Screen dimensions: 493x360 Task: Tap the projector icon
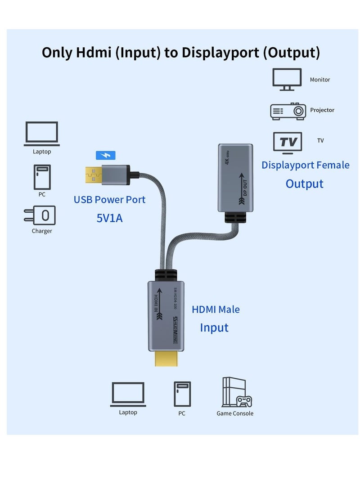[288, 111]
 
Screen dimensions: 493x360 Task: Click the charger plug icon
[40, 215]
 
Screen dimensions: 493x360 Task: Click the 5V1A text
[109, 218]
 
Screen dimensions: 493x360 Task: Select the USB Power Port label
[109, 199]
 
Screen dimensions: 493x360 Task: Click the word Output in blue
[304, 184]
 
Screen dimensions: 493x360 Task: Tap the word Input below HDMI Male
[214, 327]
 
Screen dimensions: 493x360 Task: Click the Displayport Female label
[305, 165]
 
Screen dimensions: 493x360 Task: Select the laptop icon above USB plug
[42, 134]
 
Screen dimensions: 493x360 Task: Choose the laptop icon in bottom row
[128, 394]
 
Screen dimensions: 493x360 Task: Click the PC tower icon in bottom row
[182, 394]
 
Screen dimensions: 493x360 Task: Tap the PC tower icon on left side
[42, 177]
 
